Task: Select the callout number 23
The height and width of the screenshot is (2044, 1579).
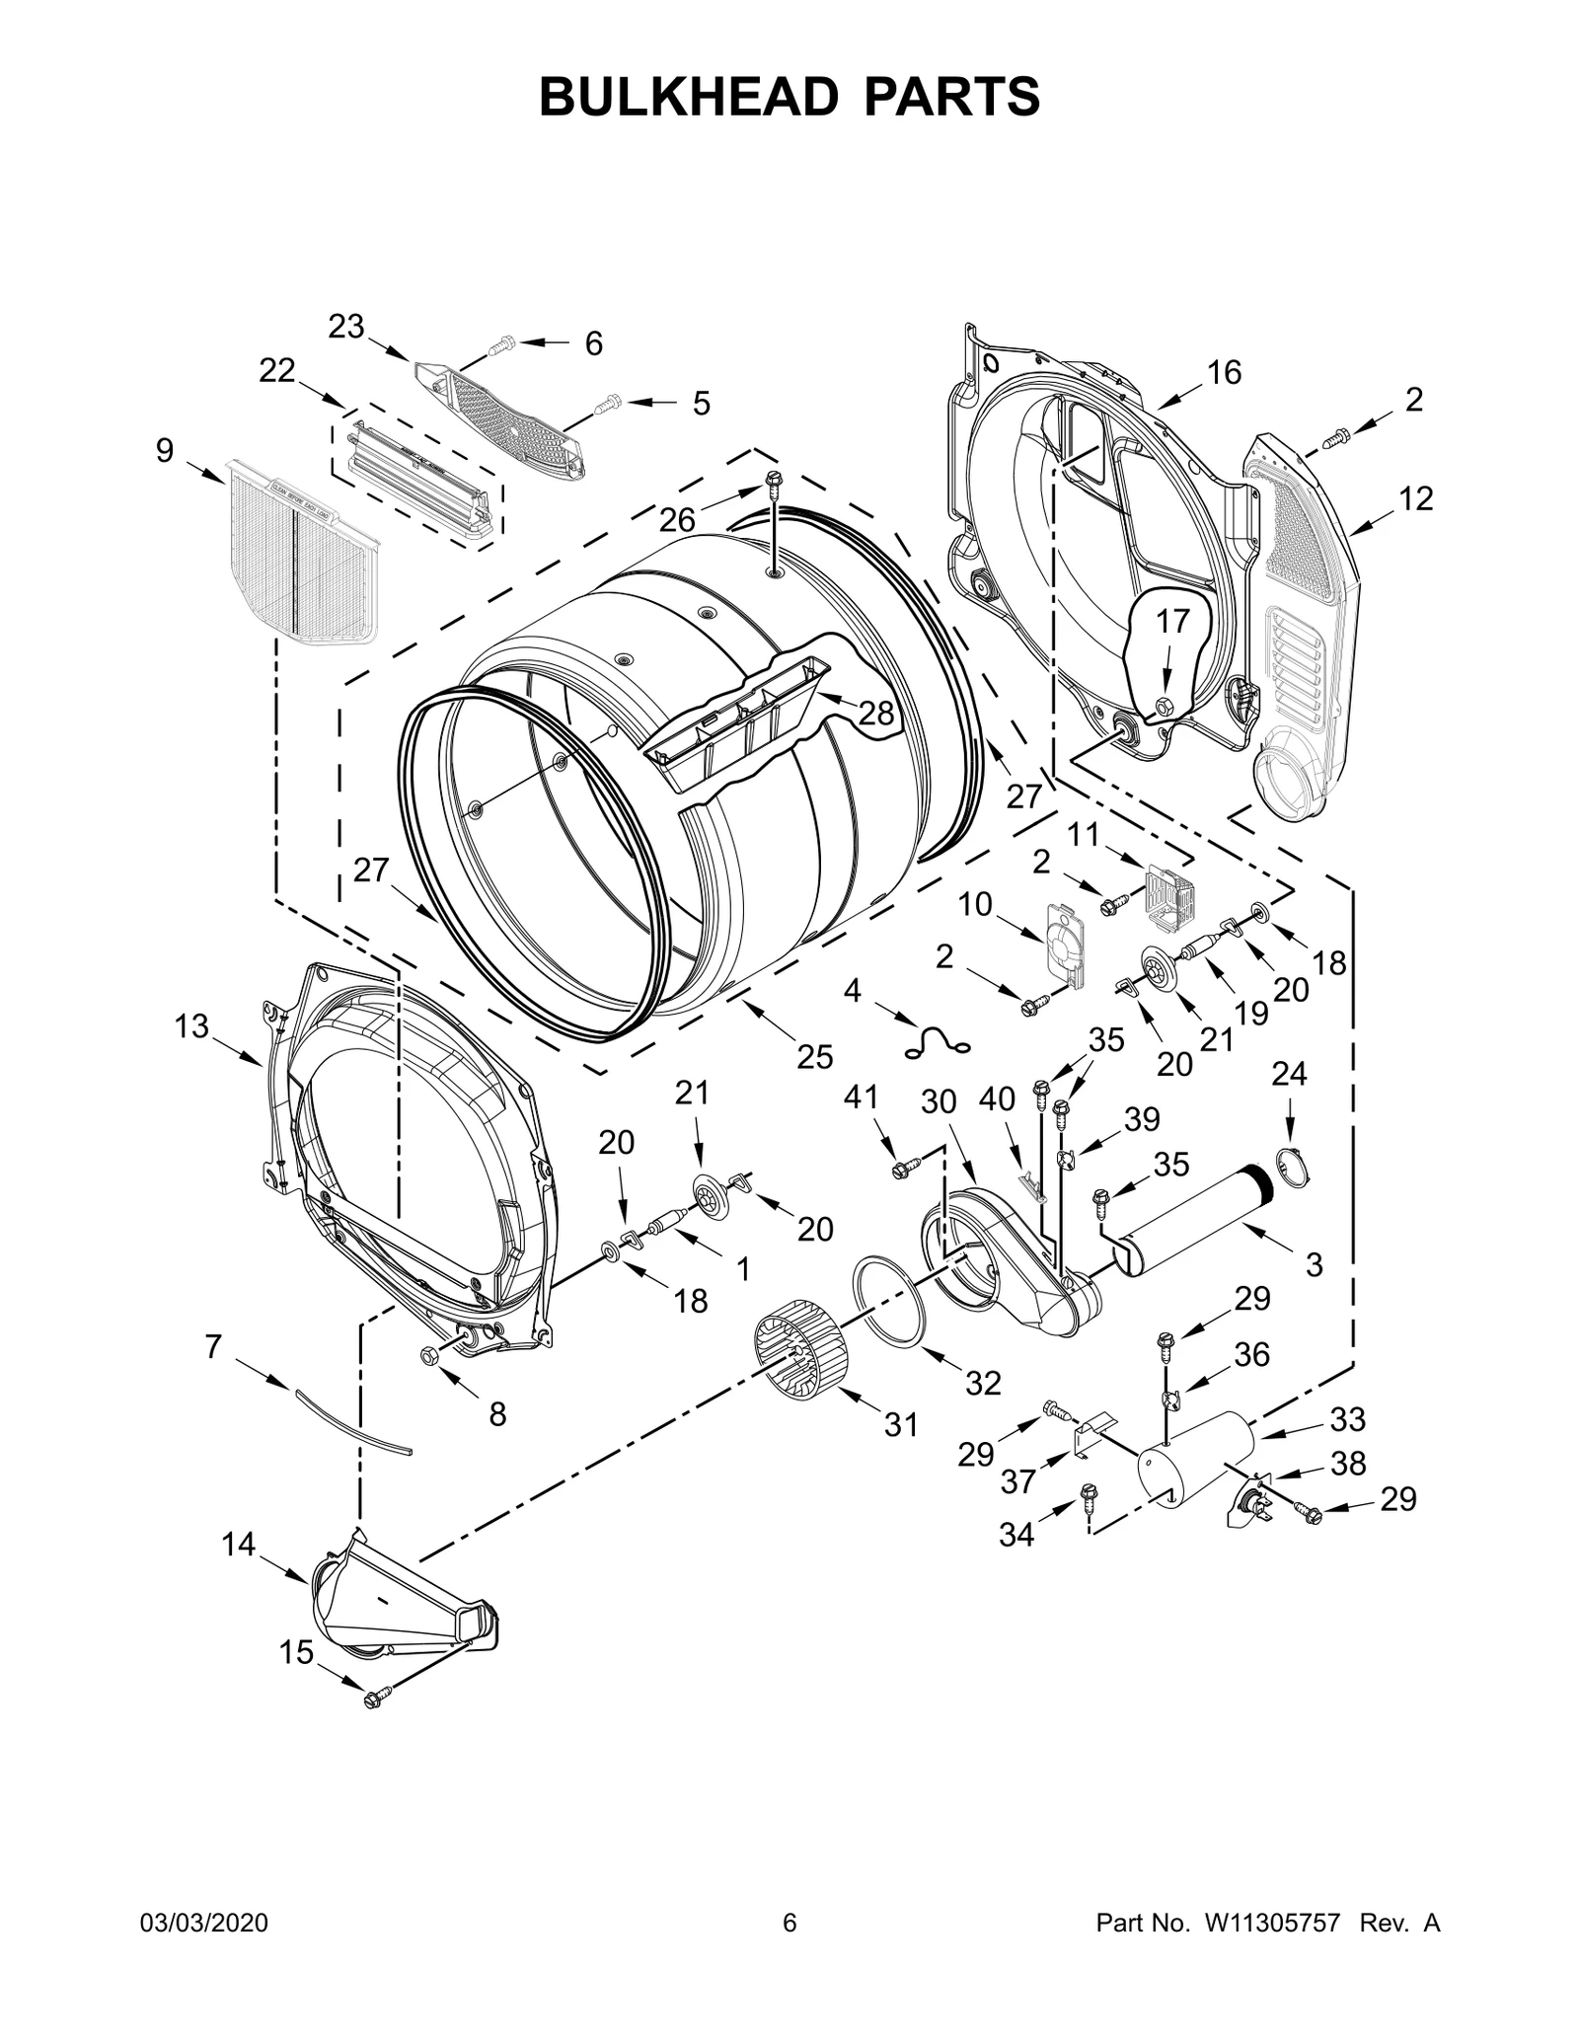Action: click(346, 327)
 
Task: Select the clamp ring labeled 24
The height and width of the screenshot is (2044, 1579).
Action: click(1294, 1167)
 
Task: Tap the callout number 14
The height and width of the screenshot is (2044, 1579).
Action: click(238, 1545)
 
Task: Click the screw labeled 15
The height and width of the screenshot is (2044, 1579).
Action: click(373, 1699)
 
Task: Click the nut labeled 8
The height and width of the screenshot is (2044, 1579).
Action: click(430, 1354)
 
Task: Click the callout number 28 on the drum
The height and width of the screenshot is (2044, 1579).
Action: click(876, 712)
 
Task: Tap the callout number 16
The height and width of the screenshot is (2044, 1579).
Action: click(1224, 372)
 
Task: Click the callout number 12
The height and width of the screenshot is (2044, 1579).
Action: click(1415, 498)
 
